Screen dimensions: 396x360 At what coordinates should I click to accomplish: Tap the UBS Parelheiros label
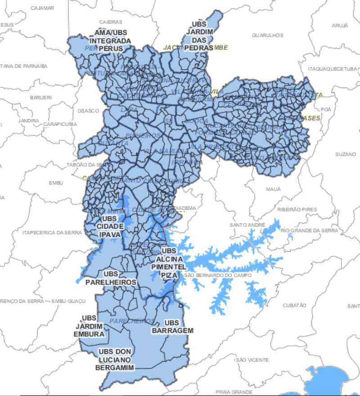(120, 278)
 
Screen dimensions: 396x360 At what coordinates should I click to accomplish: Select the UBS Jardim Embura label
(89, 326)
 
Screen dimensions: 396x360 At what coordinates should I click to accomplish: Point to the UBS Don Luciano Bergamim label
(115, 360)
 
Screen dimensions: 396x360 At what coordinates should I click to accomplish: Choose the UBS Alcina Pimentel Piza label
(168, 263)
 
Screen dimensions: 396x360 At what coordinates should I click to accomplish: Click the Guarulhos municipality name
(267, 35)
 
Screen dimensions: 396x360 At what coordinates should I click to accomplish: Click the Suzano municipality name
(346, 154)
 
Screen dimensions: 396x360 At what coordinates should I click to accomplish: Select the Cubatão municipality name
(294, 306)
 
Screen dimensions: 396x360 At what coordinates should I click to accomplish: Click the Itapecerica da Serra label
(52, 233)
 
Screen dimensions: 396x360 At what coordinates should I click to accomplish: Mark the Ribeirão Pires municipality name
(297, 210)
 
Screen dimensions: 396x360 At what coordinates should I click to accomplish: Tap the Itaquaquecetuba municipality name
(332, 69)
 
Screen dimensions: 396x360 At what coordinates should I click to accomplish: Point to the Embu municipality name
(56, 183)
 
